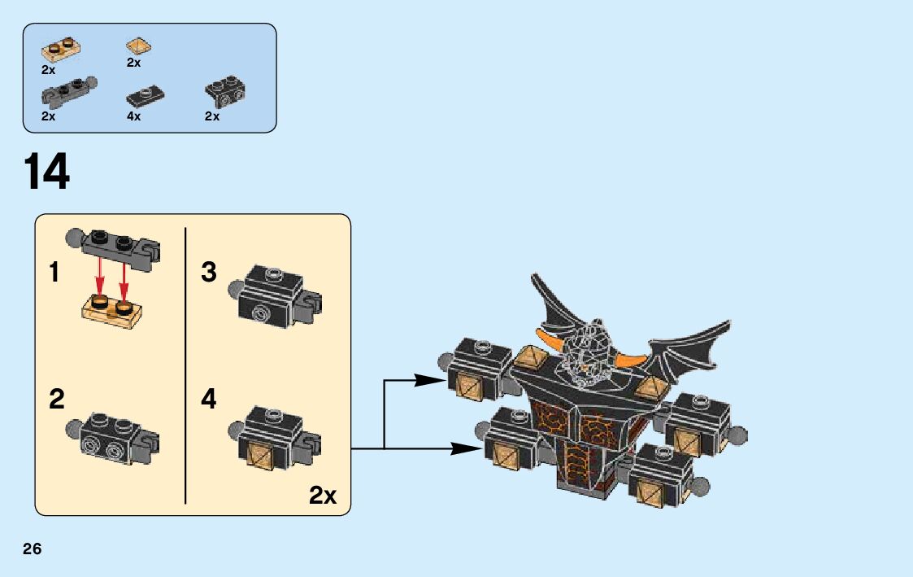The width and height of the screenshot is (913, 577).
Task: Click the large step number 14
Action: [46, 173]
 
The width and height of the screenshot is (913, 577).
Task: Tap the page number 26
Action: [33, 549]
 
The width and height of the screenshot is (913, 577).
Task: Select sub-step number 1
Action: [54, 273]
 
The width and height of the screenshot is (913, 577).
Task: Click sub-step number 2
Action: [56, 400]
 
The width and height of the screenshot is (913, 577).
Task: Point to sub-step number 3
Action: [209, 273]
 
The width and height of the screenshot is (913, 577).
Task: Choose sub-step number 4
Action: [209, 400]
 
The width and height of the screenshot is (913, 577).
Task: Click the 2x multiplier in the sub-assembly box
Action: [323, 495]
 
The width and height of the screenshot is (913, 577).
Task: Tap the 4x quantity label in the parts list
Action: [133, 116]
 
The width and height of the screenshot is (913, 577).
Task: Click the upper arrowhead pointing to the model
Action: [430, 380]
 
